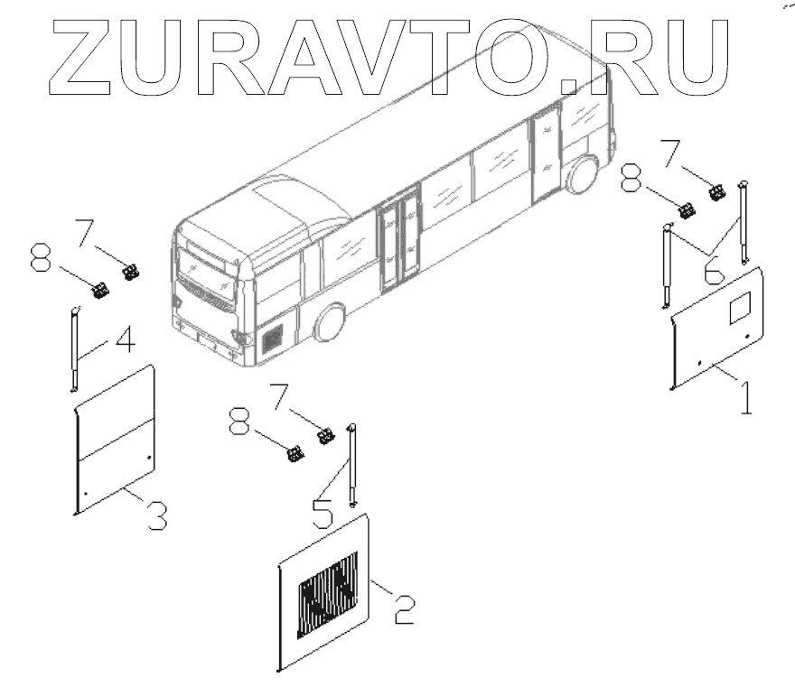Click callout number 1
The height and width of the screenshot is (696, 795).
coord(746,397)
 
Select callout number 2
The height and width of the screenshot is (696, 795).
coord(403,607)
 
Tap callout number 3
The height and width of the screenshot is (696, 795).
coord(155,514)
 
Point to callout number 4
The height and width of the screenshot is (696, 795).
coord(125,342)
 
